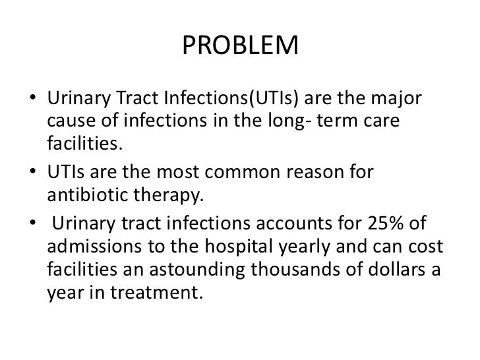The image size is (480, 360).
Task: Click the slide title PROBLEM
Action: pos(239,46)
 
